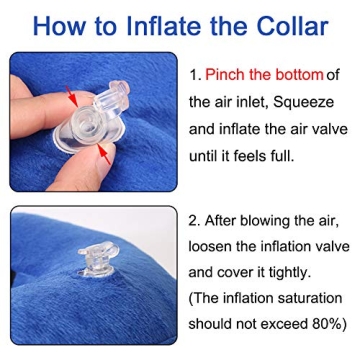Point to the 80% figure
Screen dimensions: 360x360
click(327, 324)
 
